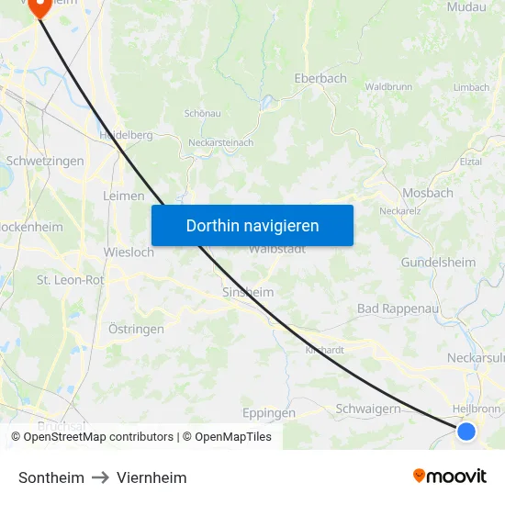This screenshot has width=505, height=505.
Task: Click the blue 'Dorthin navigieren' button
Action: click(x=252, y=225)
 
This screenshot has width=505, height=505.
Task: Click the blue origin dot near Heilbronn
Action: click(x=466, y=431)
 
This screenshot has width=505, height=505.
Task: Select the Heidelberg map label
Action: click(x=126, y=135)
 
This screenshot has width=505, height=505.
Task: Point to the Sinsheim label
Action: click(x=248, y=292)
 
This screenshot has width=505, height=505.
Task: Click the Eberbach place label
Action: click(x=320, y=79)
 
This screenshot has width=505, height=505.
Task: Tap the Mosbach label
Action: click(x=428, y=193)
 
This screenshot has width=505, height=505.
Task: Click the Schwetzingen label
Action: click(x=45, y=161)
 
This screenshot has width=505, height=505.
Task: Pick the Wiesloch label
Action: click(x=129, y=252)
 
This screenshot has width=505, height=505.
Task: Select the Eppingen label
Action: click(x=269, y=412)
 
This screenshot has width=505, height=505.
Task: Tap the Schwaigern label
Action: click(x=368, y=409)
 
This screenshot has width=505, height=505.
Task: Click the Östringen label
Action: click(x=136, y=329)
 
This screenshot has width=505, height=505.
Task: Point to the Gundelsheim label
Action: click(x=438, y=263)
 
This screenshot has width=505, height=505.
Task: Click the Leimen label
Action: click(x=124, y=196)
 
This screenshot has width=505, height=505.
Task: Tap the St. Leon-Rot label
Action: click(x=70, y=279)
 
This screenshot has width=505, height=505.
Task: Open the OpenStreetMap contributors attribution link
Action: click(x=98, y=437)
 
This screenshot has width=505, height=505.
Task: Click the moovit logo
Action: click(x=450, y=476)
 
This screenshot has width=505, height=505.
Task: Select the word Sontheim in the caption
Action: click(x=51, y=477)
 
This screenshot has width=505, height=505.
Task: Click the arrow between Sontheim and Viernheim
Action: click(x=101, y=477)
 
